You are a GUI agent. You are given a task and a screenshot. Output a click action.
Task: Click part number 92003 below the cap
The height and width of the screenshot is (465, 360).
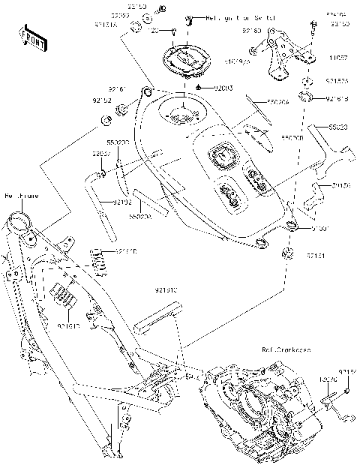pos(223,88)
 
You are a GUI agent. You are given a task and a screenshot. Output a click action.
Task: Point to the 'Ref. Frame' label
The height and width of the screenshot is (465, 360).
pos(21,196)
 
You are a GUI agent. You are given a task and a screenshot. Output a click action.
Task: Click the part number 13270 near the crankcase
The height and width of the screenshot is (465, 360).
pos(328,381)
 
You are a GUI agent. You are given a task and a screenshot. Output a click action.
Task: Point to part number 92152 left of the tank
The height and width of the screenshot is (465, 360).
pos(102,98)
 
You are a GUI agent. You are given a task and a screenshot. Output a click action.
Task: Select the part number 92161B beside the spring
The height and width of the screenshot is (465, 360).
pos(125,253)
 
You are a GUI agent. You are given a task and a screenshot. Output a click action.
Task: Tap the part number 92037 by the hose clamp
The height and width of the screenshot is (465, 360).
pos(101,153)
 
